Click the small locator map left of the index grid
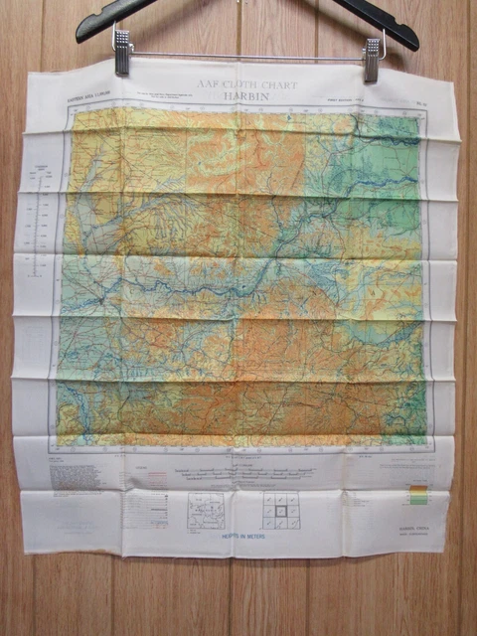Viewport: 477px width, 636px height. click(x=207, y=511)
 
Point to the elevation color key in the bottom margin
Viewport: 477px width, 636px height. click(x=418, y=494)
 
